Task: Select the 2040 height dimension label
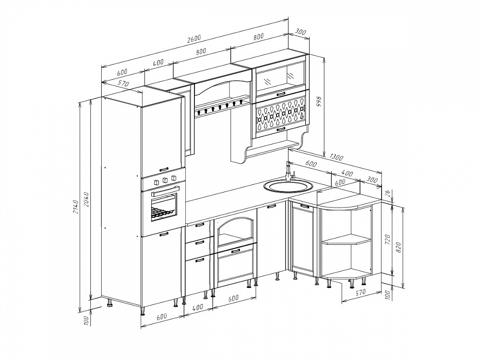pos(86,199)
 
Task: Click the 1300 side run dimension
pos(337,157)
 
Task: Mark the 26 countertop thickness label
pos(387,193)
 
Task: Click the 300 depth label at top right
pos(300,31)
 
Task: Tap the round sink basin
pos(288,185)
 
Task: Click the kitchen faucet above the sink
pos(289,171)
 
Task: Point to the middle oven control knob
pos(166,180)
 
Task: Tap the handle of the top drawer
pos(199,225)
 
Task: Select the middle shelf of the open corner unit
pos(347,240)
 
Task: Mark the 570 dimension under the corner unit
pos(360,292)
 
